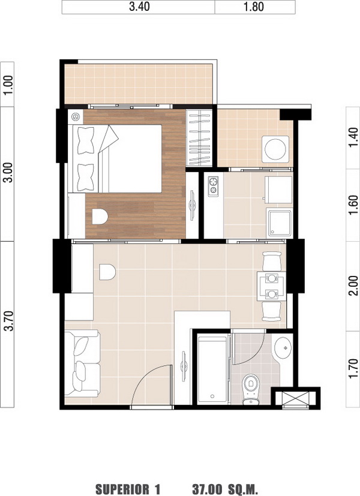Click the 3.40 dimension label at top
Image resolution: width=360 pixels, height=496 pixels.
(139, 7)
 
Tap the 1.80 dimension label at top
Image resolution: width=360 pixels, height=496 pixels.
(254, 7)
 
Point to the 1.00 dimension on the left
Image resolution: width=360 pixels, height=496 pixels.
(8, 85)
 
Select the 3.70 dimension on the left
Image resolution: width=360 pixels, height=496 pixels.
(8, 321)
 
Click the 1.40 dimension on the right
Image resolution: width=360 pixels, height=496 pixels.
(353, 137)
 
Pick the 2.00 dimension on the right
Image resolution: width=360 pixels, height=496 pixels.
(353, 285)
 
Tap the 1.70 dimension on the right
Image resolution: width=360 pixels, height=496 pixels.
(353, 368)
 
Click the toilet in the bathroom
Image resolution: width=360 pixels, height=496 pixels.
(251, 389)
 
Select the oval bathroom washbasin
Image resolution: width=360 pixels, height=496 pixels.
(283, 348)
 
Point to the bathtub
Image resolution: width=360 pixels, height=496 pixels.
(212, 369)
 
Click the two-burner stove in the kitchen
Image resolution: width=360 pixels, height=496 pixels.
(213, 186)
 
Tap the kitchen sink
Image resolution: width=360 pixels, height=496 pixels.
(280, 223)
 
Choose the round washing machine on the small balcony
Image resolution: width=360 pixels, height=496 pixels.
(275, 149)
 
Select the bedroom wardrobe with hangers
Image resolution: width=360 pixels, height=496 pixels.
(199, 137)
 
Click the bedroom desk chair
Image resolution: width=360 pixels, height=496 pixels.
(100, 217)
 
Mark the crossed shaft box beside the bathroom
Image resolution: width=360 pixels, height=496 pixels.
(295, 398)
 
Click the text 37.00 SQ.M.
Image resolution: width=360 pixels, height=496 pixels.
(225, 489)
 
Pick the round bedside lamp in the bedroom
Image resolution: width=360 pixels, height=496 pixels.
(76, 117)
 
